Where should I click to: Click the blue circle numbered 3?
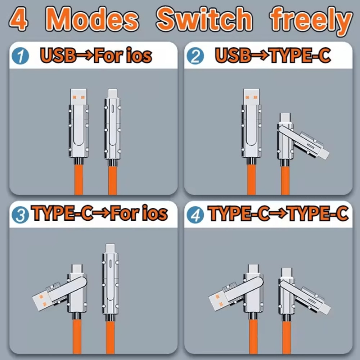(x=21, y=215)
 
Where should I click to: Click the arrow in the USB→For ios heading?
(x=85, y=55)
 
